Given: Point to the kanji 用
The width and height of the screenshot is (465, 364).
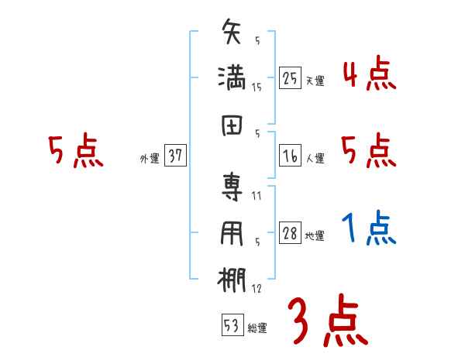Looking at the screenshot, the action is click(x=232, y=235).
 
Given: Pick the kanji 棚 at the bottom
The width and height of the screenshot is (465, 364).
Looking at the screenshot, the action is click(x=232, y=281).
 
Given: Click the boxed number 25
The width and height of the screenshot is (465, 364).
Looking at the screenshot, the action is click(x=290, y=78).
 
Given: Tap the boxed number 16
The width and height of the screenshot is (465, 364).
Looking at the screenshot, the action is click(x=290, y=156).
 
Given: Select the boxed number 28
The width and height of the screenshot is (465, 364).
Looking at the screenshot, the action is click(x=290, y=234).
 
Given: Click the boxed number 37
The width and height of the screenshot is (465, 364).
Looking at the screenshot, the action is click(x=174, y=156).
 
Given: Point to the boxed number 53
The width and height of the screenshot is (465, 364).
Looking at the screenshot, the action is click(x=231, y=325).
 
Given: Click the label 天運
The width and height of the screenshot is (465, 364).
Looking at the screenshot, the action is click(x=315, y=81).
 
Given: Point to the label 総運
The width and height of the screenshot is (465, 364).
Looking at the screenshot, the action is click(x=257, y=328).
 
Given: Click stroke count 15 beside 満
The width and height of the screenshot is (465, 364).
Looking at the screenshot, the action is click(x=257, y=88).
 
